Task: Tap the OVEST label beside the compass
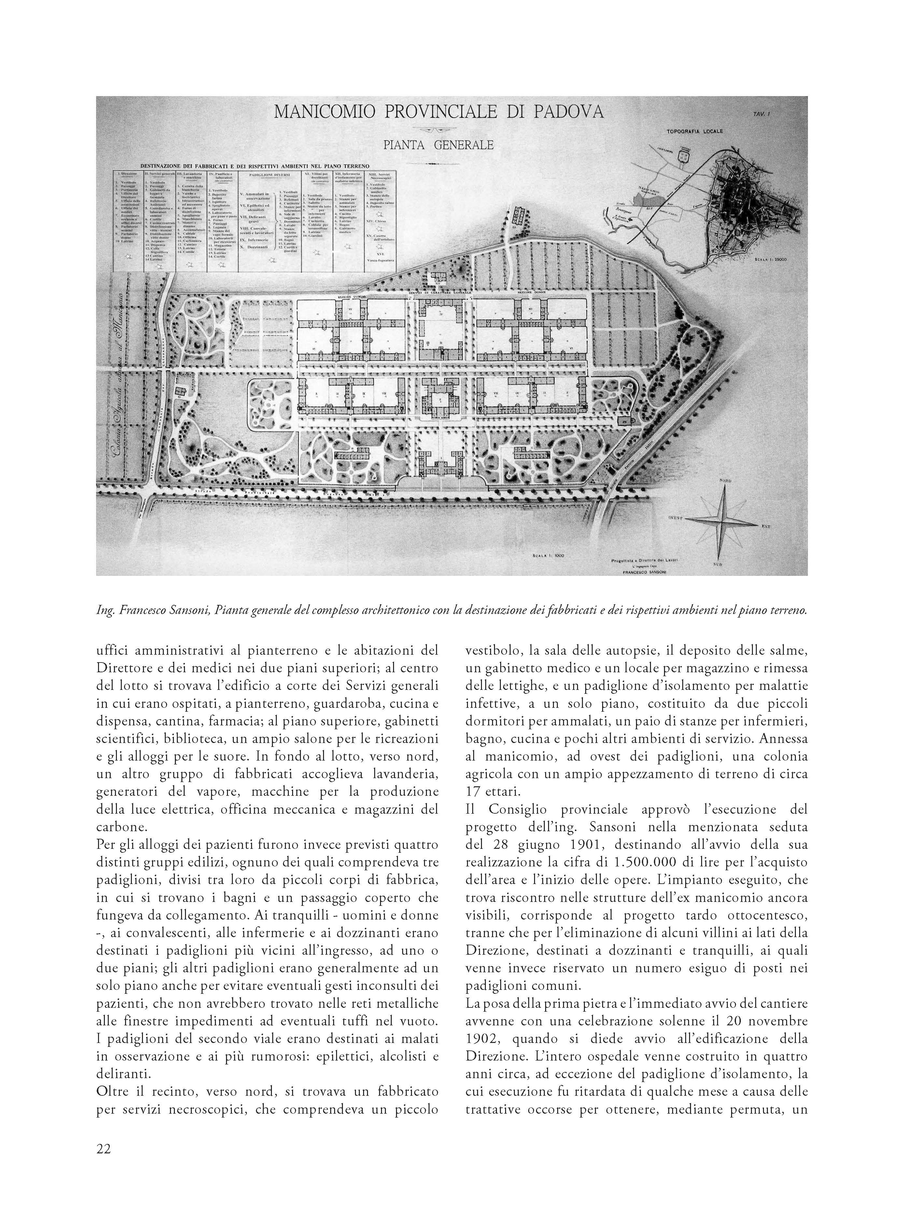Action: pos(677,517)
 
